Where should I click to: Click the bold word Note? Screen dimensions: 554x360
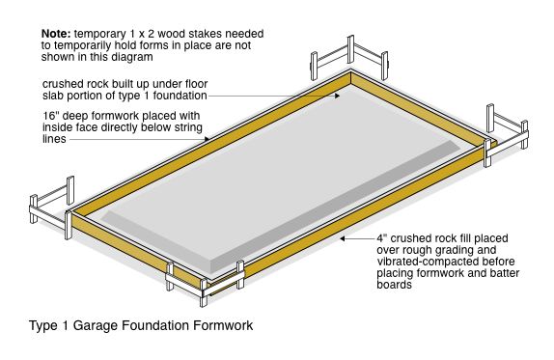(x=57, y=34)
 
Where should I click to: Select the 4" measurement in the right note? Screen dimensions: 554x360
(x=381, y=238)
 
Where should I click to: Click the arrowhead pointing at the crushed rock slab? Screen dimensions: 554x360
(x=338, y=96)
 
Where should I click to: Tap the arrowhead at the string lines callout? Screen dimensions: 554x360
(x=207, y=139)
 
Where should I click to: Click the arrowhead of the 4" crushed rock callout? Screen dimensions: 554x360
(x=343, y=238)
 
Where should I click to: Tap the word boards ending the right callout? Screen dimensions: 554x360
(x=395, y=285)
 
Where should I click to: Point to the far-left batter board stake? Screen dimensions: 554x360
(x=34, y=208)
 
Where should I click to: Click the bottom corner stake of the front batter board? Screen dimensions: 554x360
(x=204, y=292)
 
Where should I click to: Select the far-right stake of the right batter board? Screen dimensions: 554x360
(x=525, y=134)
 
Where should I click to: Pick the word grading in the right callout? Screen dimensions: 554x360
(x=475, y=251)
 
